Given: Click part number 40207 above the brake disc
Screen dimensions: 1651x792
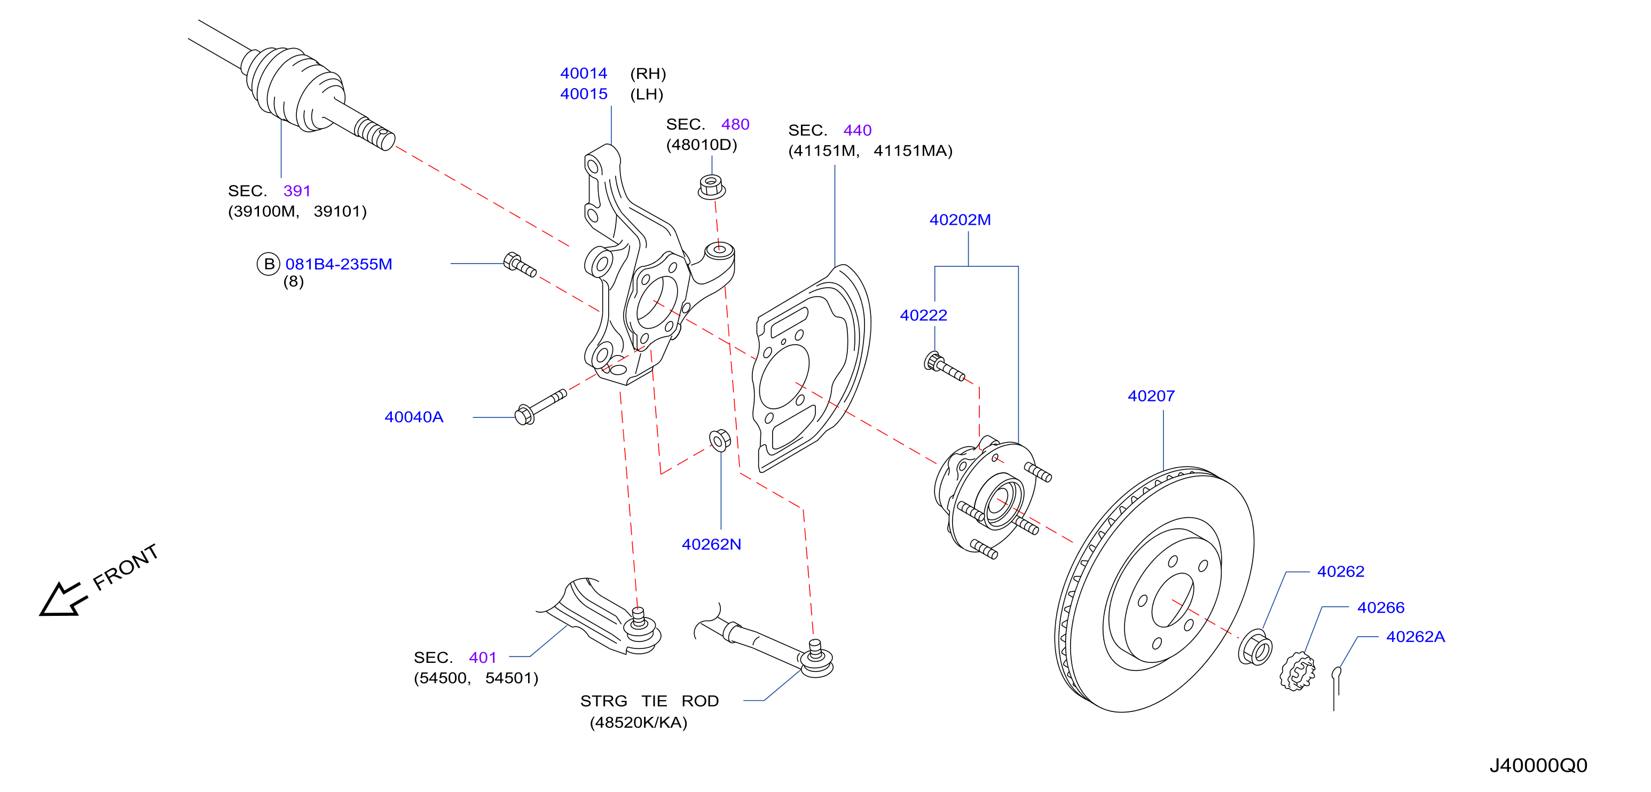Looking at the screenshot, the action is click(x=1151, y=396).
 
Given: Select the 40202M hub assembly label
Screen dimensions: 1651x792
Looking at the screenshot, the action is click(x=960, y=220).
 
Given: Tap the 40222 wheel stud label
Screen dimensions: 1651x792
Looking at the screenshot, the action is click(x=924, y=315).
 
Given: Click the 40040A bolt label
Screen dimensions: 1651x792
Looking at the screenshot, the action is click(x=414, y=417).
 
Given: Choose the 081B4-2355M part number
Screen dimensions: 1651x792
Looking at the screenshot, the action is click(x=339, y=264).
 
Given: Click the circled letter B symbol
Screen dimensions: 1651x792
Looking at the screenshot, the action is click(x=269, y=264).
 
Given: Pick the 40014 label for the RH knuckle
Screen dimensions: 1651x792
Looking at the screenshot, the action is click(x=584, y=74).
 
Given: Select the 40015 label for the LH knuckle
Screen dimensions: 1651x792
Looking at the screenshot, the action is click(x=584, y=94).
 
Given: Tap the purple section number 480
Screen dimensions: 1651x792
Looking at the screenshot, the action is click(x=735, y=124).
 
